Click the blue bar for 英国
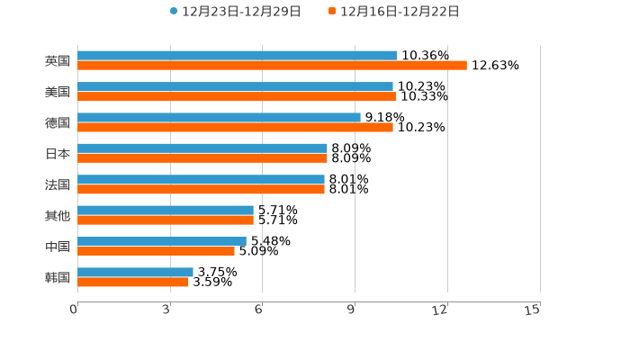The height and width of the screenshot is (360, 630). pyautogui.click(x=237, y=56)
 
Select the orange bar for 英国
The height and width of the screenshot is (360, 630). pyautogui.click(x=272, y=66)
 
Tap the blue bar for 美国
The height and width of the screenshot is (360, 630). pyautogui.click(x=235, y=86)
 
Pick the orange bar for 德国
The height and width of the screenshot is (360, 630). pyautogui.click(x=235, y=127)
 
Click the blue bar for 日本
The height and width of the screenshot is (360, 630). pyautogui.click(x=202, y=148)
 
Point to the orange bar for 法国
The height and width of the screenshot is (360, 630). pyautogui.click(x=201, y=189)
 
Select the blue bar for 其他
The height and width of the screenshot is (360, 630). pyautogui.click(x=166, y=211)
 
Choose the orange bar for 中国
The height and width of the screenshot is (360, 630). pyautogui.click(x=156, y=251)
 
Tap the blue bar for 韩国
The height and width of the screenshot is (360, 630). pyautogui.click(x=135, y=272)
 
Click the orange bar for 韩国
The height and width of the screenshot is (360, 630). pyautogui.click(x=133, y=282)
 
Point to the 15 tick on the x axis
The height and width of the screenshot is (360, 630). pyautogui.click(x=533, y=310)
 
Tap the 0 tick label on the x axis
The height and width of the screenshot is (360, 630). pyautogui.click(x=74, y=310)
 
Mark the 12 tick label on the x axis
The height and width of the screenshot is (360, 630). pyautogui.click(x=440, y=310)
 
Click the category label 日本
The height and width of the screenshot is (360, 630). pyautogui.click(x=58, y=154)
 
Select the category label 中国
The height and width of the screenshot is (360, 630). pyautogui.click(x=58, y=247)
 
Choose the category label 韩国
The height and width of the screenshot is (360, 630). pyautogui.click(x=58, y=277)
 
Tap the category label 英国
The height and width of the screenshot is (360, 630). pyautogui.click(x=58, y=61)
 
